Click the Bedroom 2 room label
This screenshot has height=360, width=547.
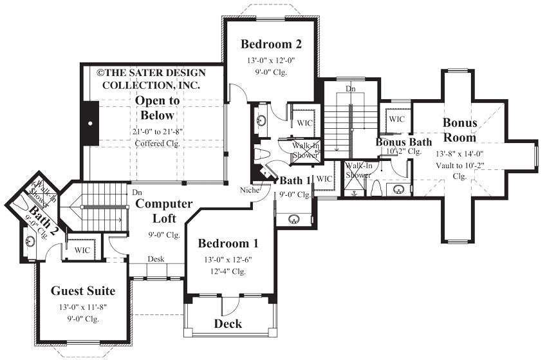point(270,44)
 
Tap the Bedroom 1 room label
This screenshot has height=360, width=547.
point(228,243)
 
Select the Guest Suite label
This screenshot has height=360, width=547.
point(83,290)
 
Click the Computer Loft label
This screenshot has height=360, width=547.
point(163,211)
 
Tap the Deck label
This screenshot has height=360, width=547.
point(228,323)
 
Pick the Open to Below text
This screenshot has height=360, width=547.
point(157,108)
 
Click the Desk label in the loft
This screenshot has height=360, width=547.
point(156,260)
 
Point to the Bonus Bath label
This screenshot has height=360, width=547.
point(403,142)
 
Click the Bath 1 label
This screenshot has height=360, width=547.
point(295,181)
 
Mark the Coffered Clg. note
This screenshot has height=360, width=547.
point(157,143)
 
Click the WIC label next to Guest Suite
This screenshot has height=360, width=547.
point(82,250)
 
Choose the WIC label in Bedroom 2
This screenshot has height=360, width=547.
point(303,122)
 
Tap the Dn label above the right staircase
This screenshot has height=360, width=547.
point(350,88)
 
